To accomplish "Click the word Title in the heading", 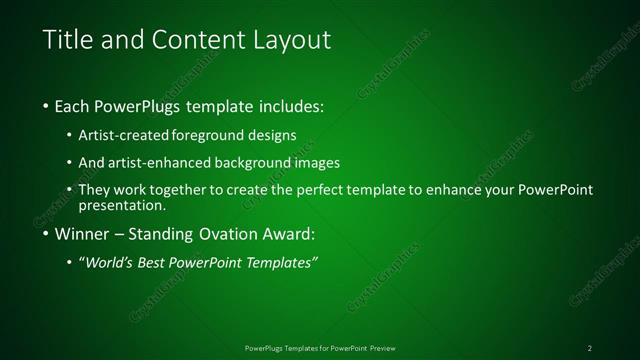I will pyautogui.click(x=67, y=41).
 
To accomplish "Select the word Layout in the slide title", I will pyautogui.click(x=283, y=41).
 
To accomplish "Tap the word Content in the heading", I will pyautogui.click(x=190, y=41).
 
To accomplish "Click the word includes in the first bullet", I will pyautogui.click(x=290, y=106).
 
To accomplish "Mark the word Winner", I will pyautogui.click(x=82, y=235).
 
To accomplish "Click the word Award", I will pyautogui.click(x=287, y=235).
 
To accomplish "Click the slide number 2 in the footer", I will pyautogui.click(x=590, y=347).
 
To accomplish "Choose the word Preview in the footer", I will pyautogui.click(x=381, y=347).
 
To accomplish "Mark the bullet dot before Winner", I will pyautogui.click(x=46, y=236).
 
